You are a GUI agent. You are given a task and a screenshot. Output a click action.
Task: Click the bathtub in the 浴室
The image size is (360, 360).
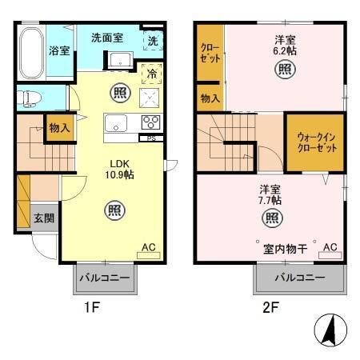31,54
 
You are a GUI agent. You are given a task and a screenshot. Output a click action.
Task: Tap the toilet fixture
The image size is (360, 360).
29,98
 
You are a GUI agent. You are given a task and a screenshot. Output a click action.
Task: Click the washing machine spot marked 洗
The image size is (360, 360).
153,41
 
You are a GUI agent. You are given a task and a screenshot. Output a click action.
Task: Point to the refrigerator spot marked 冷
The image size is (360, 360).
152,74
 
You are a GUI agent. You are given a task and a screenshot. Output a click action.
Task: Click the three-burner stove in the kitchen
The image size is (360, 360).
151,122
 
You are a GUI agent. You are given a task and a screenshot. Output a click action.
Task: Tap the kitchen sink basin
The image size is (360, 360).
116,123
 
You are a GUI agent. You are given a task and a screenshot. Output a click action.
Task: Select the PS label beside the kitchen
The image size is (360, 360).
151,138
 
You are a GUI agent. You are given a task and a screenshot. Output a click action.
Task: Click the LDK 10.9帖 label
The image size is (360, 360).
119,170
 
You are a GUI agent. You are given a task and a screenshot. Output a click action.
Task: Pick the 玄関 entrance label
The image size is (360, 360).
44,218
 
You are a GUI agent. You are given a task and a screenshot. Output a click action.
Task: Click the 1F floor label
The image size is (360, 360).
92,308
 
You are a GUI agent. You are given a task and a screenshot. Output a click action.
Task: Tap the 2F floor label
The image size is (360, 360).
270,308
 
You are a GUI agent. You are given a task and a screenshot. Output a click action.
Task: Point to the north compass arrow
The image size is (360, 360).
330,330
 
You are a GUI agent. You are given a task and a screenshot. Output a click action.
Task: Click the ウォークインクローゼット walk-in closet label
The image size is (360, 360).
317,142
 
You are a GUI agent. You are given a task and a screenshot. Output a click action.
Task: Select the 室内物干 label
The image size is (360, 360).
285,249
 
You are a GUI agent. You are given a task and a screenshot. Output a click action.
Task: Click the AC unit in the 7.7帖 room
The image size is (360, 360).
330,255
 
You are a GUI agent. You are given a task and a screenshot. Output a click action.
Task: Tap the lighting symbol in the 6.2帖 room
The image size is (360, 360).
285,70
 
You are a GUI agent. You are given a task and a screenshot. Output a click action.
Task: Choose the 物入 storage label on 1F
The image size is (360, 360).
59,128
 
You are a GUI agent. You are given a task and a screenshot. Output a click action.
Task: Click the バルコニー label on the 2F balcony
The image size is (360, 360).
300,278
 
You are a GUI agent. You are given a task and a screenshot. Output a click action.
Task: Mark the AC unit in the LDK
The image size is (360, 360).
149,255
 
